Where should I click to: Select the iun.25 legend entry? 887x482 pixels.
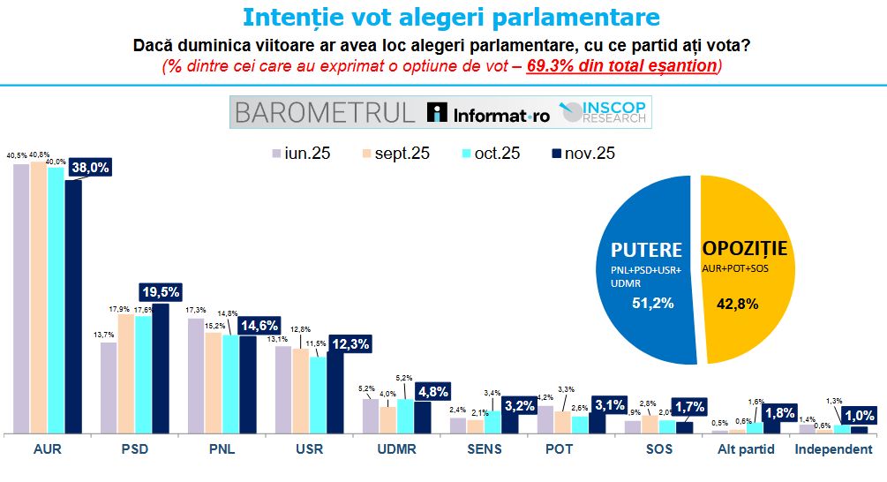[x=301, y=153]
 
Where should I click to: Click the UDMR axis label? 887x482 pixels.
[x=397, y=449]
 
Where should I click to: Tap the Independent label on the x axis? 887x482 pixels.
[x=834, y=449]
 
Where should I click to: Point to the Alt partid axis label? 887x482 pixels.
[x=743, y=449]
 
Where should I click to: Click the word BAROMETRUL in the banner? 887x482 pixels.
[x=323, y=113]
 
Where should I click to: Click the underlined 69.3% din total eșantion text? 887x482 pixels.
[x=620, y=66]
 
